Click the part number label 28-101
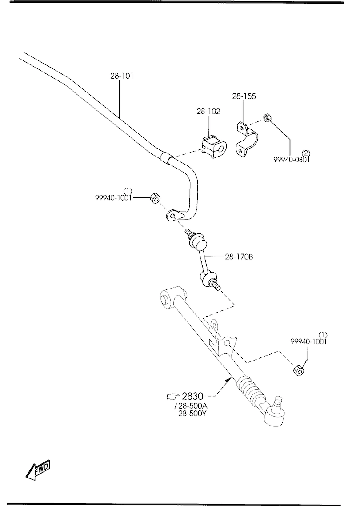pyautogui.click(x=122, y=76)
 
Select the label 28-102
pyautogui.click(x=208, y=112)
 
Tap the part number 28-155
pyautogui.click(x=244, y=96)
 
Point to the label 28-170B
pyautogui.click(x=239, y=257)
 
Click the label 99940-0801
pyautogui.click(x=292, y=160)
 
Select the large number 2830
pyautogui.click(x=192, y=396)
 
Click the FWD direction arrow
pyautogui.click(x=38, y=470)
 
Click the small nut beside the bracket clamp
pyautogui.click(x=268, y=118)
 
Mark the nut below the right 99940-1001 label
pyautogui.click(x=298, y=369)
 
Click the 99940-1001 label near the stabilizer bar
pyautogui.click(x=113, y=198)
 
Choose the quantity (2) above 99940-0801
pyautogui.click(x=306, y=153)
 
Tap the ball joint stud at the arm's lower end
pyautogui.click(x=279, y=402)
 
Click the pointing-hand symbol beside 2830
pyautogui.click(x=171, y=396)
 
